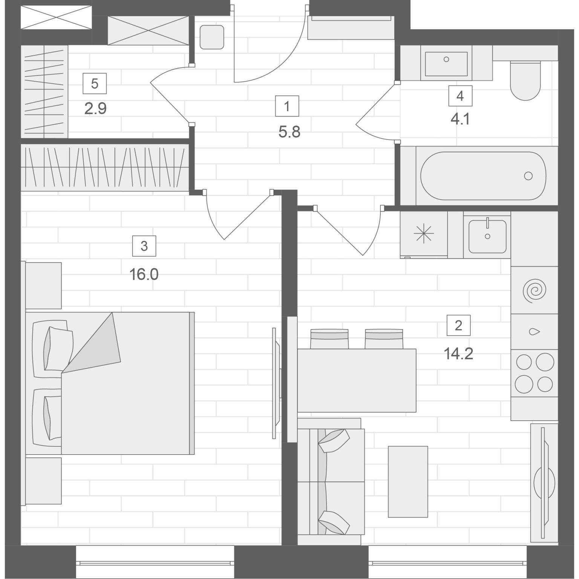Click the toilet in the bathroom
click(x=525, y=80)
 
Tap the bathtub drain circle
click(x=528, y=176)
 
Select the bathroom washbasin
click(x=446, y=64)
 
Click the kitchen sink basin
click(x=487, y=236)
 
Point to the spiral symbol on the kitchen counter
click(x=534, y=290)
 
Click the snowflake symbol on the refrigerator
click(x=424, y=233)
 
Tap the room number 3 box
click(x=144, y=246)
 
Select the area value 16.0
click(x=144, y=274)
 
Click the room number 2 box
click(x=458, y=325)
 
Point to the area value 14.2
click(x=458, y=354)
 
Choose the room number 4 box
click(x=460, y=96)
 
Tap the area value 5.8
click(x=289, y=132)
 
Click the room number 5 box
click(x=95, y=83)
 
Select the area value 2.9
click(x=95, y=109)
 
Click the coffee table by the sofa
click(x=408, y=482)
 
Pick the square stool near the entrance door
click(x=212, y=37)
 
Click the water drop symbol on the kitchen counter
click(x=534, y=332)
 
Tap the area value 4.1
click(x=460, y=119)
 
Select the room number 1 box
click(x=287, y=106)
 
